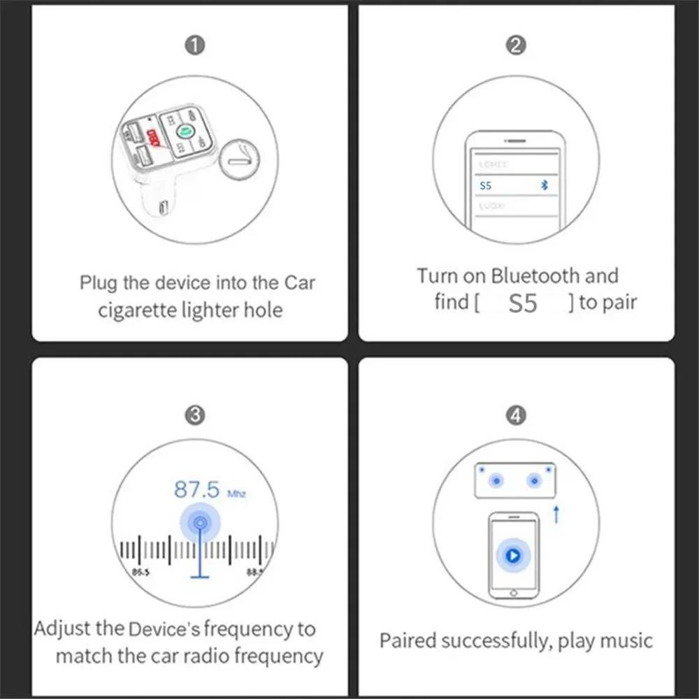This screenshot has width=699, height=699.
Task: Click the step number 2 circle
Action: (x=515, y=46)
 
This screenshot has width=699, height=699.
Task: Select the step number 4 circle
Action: (x=515, y=415)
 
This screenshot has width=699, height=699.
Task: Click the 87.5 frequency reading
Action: (x=196, y=489)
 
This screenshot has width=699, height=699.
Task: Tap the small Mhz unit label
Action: (x=236, y=494)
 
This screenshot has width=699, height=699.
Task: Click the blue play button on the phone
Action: (x=513, y=556)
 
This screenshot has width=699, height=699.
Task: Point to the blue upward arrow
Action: (x=556, y=515)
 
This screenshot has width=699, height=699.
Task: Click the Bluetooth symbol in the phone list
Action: (x=547, y=186)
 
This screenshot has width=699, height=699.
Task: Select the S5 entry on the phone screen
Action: (x=487, y=186)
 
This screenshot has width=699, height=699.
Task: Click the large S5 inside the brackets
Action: (x=524, y=304)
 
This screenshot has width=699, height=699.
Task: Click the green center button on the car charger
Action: (x=185, y=131)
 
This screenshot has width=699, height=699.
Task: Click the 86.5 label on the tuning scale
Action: (x=140, y=572)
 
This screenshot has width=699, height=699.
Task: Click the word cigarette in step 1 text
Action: (x=138, y=310)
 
